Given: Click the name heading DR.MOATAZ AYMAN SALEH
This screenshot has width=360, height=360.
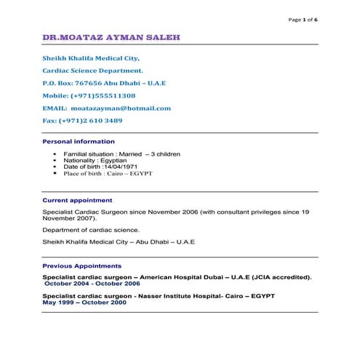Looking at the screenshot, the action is click(x=111, y=36).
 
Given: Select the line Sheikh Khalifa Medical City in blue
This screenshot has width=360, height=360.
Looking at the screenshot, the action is click(x=90, y=57).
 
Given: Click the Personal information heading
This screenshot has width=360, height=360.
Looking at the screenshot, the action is click(x=79, y=140).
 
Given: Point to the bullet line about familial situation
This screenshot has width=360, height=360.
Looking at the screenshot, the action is click(x=121, y=154).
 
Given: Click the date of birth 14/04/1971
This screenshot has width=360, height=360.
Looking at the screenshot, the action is click(x=121, y=167).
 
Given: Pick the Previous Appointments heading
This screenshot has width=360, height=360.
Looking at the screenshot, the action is click(x=82, y=266).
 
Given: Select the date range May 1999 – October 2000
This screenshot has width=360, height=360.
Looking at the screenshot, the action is click(x=84, y=303).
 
